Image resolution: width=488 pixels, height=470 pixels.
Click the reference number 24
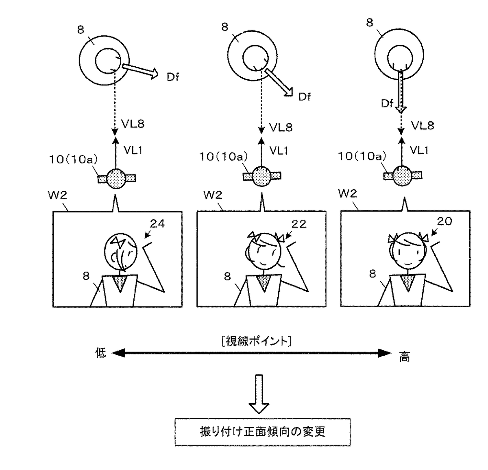(158, 223)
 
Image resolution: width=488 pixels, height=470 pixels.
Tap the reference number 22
(299, 224)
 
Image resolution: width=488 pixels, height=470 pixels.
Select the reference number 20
(444, 221)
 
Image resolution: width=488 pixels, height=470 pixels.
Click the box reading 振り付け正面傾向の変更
(262, 431)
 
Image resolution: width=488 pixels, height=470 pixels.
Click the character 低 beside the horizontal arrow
(100, 353)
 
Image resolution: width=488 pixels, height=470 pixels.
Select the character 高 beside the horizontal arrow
(404, 357)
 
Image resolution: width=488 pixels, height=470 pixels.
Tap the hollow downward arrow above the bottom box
(259, 394)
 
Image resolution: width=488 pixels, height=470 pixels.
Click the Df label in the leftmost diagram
(173, 77)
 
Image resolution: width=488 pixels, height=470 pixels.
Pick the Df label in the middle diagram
(305, 96)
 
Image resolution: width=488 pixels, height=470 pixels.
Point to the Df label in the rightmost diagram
(387, 103)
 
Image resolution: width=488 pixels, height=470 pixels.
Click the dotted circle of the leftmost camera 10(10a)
(117, 178)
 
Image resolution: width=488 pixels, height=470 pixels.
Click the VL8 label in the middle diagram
(281, 127)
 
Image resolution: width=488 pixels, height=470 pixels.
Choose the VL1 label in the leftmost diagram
(133, 151)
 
